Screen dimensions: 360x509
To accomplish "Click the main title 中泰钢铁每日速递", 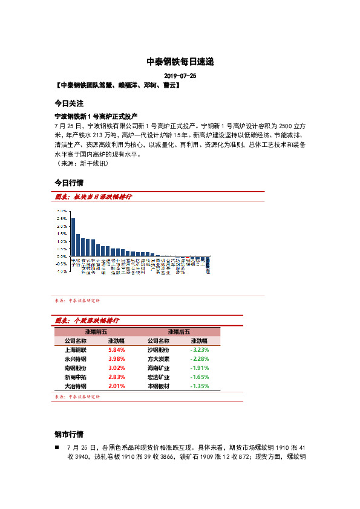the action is point(180,62).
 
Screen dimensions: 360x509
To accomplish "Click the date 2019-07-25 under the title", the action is point(180,76).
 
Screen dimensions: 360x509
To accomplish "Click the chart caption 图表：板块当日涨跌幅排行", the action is point(93,198).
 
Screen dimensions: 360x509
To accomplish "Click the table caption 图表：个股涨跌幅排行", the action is point(87,320).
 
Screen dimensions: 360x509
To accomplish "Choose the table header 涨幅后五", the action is point(179,332).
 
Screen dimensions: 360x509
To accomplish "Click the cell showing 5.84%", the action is point(116,350).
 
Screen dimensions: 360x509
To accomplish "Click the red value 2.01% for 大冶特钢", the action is point(116,386).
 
